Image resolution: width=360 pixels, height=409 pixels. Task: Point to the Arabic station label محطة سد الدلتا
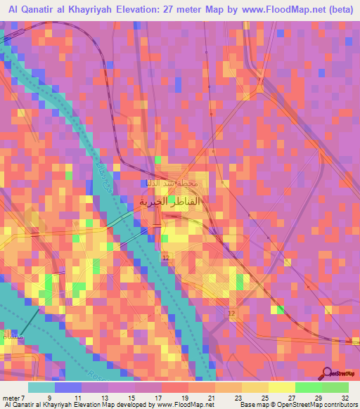181,185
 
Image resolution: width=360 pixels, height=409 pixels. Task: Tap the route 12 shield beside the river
165,259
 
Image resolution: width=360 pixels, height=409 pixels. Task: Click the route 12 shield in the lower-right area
231,312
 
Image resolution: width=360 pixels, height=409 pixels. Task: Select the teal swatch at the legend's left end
41,387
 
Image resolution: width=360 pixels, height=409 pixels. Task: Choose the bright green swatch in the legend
308,387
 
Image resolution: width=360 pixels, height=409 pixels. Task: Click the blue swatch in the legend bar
68,387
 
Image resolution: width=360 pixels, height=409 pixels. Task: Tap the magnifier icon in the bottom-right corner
328,375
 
